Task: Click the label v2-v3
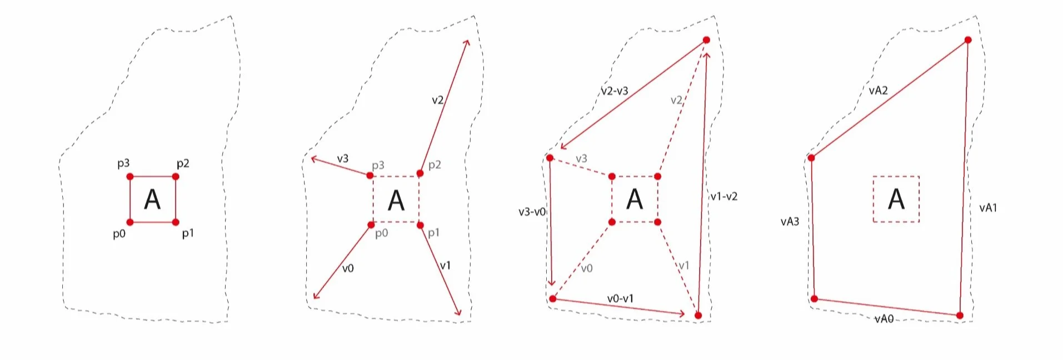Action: [x=614, y=91]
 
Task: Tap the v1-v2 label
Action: [x=723, y=197]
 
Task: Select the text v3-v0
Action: [x=532, y=212]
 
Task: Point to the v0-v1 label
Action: [x=620, y=299]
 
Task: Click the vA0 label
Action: [x=884, y=319]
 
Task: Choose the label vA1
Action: [x=988, y=208]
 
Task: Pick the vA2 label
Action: [x=878, y=91]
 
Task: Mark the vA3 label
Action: [x=790, y=222]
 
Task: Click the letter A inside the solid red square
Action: [x=152, y=199]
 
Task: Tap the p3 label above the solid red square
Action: [x=123, y=163]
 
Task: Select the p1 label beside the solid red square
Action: [x=188, y=233]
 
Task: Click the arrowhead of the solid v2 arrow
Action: [x=467, y=42]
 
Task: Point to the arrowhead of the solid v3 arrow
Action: [x=313, y=159]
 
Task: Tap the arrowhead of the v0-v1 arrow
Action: [x=683, y=314]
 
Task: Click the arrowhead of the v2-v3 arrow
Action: [x=562, y=148]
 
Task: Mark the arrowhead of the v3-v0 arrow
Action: [x=552, y=284]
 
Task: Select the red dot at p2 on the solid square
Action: [x=176, y=177]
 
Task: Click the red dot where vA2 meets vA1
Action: [x=968, y=40]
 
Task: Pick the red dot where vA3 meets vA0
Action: [x=814, y=299]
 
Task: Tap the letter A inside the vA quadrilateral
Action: [x=896, y=199]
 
